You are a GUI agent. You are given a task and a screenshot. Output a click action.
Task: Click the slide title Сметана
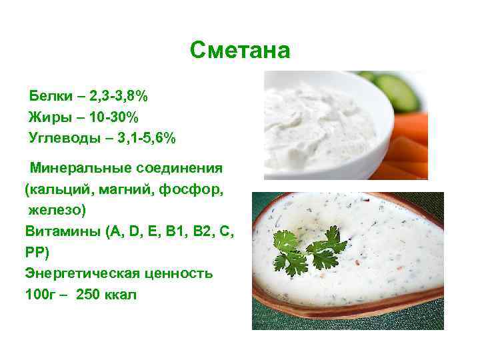(x=240, y=50)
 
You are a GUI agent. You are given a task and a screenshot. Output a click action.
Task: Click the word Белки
(x=49, y=97)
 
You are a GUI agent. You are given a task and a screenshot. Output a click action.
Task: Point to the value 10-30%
(x=111, y=118)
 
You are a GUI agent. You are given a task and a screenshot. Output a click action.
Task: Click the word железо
(x=55, y=211)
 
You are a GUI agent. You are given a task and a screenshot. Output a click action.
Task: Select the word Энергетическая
(x=81, y=273)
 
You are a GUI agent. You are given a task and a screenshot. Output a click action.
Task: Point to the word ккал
(x=121, y=294)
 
